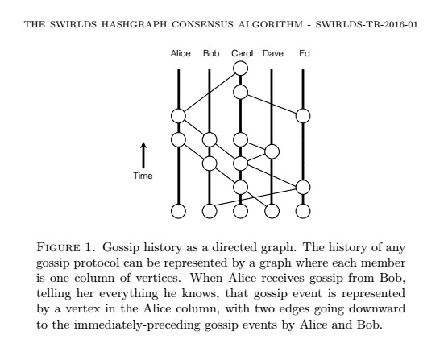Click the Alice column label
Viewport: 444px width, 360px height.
(x=181, y=53)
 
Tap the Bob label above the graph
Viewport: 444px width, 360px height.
(x=211, y=53)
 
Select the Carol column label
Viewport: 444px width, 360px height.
(x=242, y=53)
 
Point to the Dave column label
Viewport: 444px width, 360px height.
(x=273, y=53)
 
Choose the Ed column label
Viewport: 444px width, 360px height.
(x=305, y=53)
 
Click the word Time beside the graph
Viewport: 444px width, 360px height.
(x=143, y=176)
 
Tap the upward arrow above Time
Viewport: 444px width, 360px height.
(x=143, y=155)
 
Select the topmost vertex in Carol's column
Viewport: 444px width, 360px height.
(x=240, y=68)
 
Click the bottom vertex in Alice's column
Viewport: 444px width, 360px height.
(x=178, y=211)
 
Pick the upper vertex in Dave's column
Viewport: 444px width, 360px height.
(x=272, y=151)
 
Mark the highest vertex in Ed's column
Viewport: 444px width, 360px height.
(x=303, y=116)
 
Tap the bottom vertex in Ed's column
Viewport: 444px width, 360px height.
(x=303, y=211)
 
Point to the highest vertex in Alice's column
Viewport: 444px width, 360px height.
(x=178, y=116)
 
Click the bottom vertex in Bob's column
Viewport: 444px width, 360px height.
(x=210, y=211)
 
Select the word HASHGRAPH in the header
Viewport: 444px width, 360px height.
(x=134, y=24)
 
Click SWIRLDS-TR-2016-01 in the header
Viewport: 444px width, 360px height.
(x=367, y=24)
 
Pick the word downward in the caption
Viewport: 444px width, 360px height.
(x=377, y=308)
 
